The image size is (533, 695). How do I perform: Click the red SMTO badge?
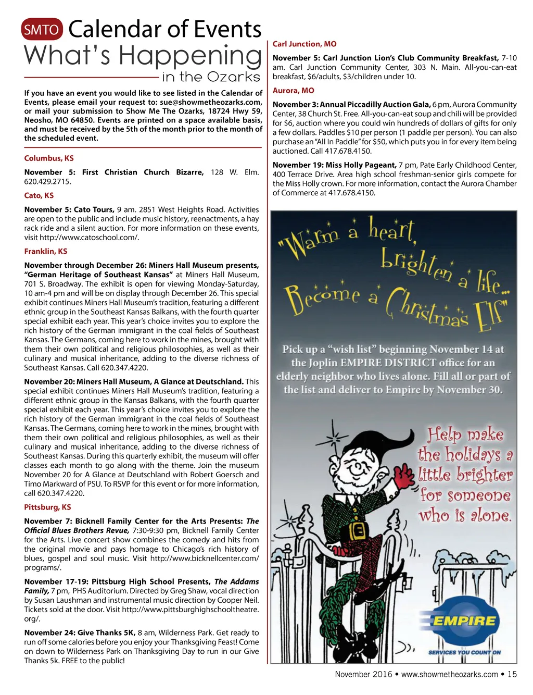point(42,30)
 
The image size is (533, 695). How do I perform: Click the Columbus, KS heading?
point(49,158)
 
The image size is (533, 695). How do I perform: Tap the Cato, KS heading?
point(39,196)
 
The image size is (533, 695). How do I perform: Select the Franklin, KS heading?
point(46,252)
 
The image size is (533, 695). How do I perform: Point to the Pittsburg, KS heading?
point(47,507)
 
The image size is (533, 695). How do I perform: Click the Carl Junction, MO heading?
point(304,44)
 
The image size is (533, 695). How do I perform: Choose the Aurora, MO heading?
point(294,91)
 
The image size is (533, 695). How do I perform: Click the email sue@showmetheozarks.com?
point(211,102)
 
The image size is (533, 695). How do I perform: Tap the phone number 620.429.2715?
point(47,182)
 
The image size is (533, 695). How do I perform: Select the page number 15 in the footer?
point(512,674)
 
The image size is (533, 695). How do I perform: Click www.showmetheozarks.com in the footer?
point(449,674)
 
